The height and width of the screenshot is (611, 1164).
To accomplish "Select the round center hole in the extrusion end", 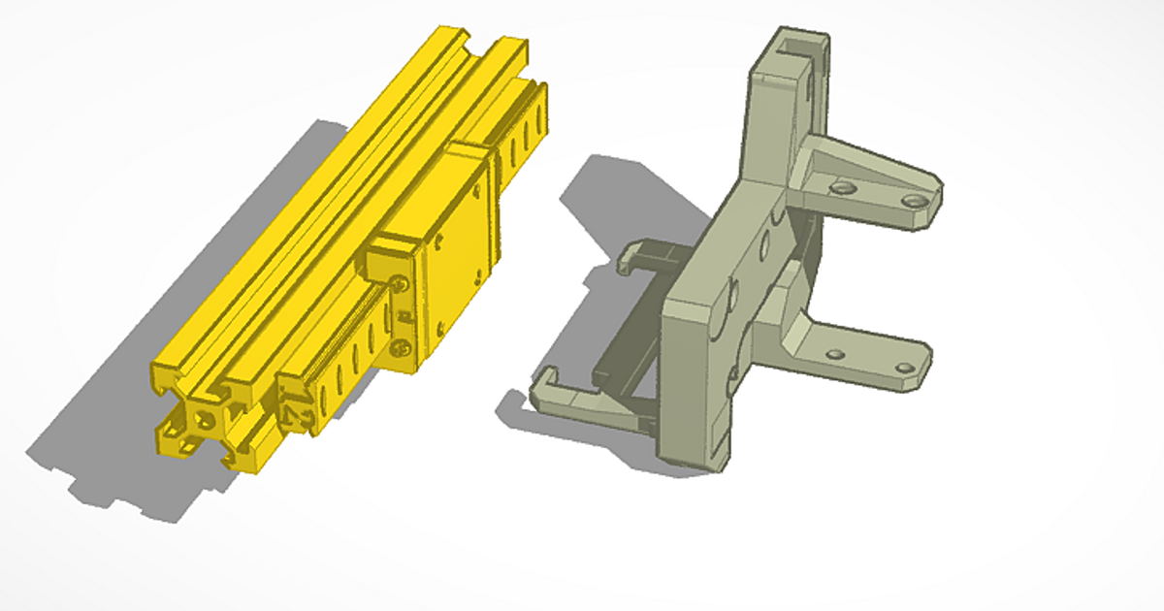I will [203, 420].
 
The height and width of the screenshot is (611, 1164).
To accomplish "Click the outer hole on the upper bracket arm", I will [911, 200].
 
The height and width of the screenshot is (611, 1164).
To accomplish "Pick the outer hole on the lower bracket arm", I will [904, 369].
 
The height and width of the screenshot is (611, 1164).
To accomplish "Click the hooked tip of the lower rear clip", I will [543, 383].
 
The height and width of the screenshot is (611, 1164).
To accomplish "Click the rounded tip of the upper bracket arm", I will [931, 199].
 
